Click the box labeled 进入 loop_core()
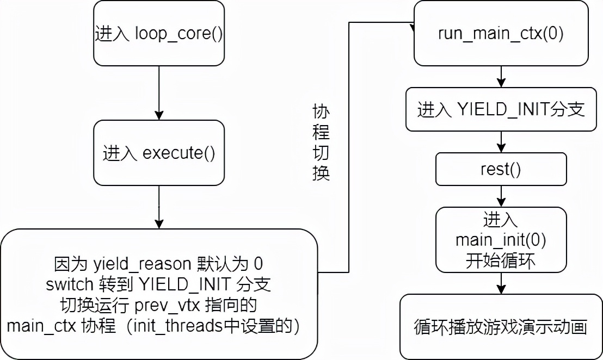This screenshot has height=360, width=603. [x=159, y=34]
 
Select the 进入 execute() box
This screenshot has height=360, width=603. [x=159, y=153]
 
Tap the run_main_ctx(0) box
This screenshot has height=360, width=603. [x=501, y=34]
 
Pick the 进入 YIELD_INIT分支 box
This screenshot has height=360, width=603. [x=501, y=110]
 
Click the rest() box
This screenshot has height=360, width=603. [x=501, y=169]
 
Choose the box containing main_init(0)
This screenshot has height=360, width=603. [x=501, y=239]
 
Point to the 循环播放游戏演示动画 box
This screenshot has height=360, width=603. [x=501, y=327]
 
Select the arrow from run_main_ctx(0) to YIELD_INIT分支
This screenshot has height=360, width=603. [x=501, y=77]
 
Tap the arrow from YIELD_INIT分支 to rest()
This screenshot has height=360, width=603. [x=501, y=142]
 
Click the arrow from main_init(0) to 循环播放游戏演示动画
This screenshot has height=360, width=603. [x=501, y=283]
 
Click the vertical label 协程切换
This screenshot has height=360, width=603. [x=321, y=143]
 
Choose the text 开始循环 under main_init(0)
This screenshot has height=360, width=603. [x=501, y=260]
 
